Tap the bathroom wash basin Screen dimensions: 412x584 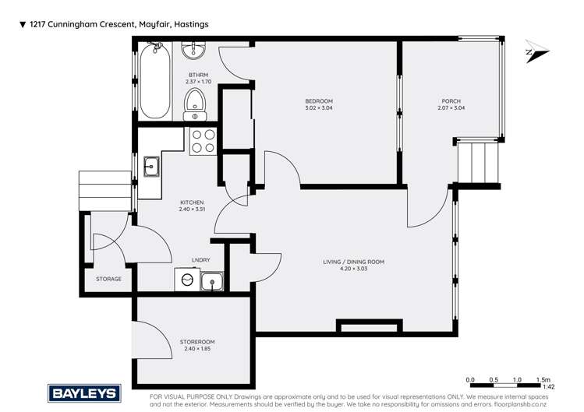click(x=193, y=51)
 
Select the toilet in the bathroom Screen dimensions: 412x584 click(x=194, y=103)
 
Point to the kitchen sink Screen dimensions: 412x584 click(x=151, y=166)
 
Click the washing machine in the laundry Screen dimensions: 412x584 click(x=187, y=281)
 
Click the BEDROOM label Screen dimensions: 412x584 click(x=318, y=101)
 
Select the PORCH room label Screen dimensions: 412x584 click(x=451, y=101)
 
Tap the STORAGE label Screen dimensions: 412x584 click(x=108, y=279)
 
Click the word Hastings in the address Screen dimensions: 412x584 click(x=188, y=25)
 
